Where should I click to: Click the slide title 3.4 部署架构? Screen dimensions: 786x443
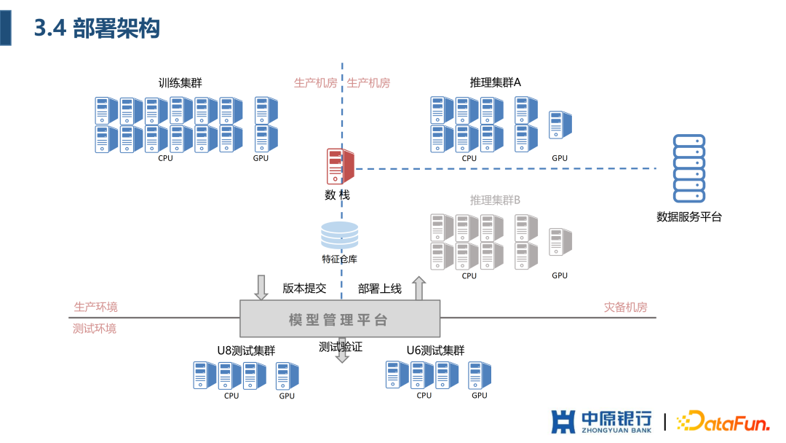click(97, 28)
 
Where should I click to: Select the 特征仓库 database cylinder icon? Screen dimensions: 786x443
click(340, 235)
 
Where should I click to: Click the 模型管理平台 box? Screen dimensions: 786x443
click(340, 320)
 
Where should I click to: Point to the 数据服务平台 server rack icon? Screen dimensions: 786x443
click(688, 168)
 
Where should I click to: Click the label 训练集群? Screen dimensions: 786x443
click(180, 83)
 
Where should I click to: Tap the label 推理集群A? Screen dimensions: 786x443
click(496, 83)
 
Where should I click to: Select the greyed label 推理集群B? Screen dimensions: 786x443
click(495, 200)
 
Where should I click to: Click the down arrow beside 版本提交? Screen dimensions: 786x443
click(261, 287)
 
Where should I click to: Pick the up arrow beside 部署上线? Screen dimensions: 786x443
click(419, 289)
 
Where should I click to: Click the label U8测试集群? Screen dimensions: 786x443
click(246, 350)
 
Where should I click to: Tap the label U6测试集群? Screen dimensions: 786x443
click(435, 350)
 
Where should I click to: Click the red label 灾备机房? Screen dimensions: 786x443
click(625, 307)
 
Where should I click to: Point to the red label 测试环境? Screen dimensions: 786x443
click(95, 329)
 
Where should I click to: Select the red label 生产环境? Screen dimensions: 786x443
click(95, 307)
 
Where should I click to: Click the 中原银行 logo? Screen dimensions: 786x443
click(601, 422)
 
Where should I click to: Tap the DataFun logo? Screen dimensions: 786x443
click(723, 421)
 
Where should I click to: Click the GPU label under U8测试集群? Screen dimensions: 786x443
click(287, 396)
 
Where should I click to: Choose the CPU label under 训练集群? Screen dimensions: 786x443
click(165, 158)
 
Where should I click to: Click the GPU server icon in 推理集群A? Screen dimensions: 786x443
click(560, 125)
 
